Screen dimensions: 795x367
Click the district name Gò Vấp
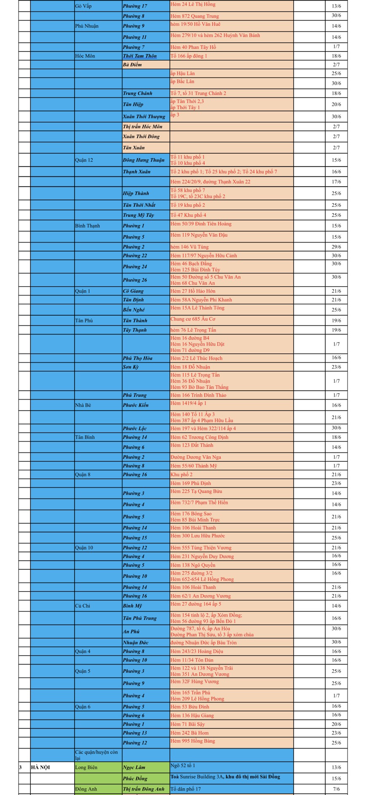click(83, 6)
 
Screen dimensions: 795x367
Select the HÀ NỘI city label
click(40, 767)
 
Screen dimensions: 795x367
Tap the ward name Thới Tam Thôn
click(139, 56)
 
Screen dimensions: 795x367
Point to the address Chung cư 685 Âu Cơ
click(193, 319)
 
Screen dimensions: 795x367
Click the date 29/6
click(336, 247)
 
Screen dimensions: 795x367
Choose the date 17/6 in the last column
click(336, 182)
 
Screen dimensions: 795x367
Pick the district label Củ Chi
click(82, 606)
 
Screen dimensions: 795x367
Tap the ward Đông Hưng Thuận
click(143, 160)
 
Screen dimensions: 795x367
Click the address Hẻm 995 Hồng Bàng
click(193, 741)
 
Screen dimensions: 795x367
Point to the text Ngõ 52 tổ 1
click(182, 765)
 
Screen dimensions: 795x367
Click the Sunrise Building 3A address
click(225, 776)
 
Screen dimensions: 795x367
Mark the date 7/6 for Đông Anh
click(336, 789)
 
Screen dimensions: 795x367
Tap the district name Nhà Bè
click(83, 405)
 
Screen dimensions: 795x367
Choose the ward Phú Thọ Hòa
click(137, 358)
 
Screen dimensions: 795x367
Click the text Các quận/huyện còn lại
click(96, 755)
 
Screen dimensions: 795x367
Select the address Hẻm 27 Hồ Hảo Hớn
click(193, 291)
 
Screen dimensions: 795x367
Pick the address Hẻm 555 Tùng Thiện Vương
click(201, 548)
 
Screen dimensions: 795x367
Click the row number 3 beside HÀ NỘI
click(20, 767)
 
